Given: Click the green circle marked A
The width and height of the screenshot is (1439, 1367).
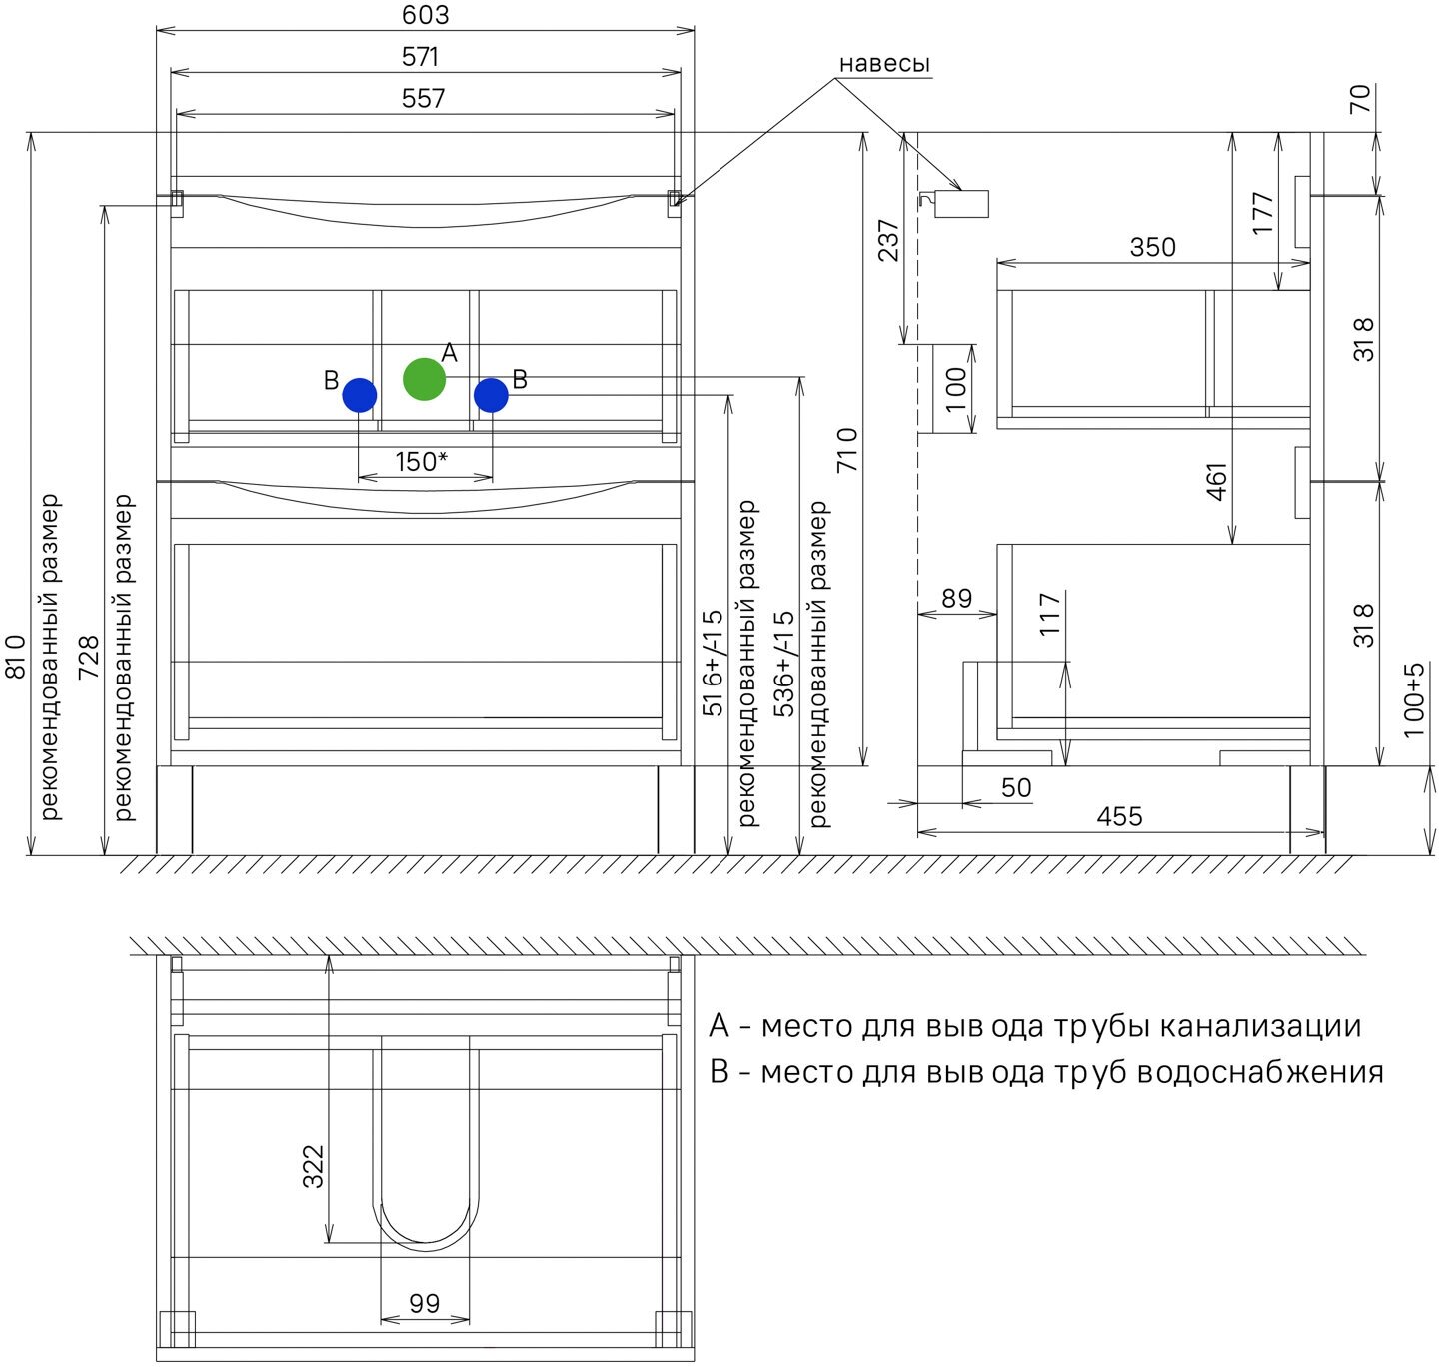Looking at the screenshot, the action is coord(424,379).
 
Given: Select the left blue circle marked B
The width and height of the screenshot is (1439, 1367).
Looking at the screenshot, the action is coord(360,395).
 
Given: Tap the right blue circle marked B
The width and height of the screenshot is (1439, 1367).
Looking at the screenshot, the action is coord(491,395).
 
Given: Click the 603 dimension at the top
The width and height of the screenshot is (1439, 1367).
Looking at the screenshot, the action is coord(426,15).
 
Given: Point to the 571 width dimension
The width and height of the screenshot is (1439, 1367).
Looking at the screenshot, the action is coord(421,57).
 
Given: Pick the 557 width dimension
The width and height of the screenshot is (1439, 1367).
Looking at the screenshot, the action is coord(423,98).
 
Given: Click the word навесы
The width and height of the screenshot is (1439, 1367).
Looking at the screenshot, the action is coord(884,64).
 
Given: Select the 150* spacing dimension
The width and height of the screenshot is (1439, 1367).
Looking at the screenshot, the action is coord(421,462).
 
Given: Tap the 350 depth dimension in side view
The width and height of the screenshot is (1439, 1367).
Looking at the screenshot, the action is coord(1152,247).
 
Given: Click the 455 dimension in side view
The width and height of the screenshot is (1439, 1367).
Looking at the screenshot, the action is coord(1119,816).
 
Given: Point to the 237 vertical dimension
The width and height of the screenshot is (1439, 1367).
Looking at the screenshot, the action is coord(888,240).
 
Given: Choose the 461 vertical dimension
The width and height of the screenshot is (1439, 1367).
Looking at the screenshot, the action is coord(1217,481).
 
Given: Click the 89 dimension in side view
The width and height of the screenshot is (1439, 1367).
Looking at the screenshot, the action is coord(956,598).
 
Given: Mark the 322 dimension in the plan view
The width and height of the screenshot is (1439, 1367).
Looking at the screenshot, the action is coord(314,1166).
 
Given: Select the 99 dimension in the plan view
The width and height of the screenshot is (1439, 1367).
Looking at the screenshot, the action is coord(425,1303).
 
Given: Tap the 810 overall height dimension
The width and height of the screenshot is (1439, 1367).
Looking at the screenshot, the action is coord(16,657).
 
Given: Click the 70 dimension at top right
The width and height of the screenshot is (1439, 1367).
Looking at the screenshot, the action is coord(1361,99).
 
